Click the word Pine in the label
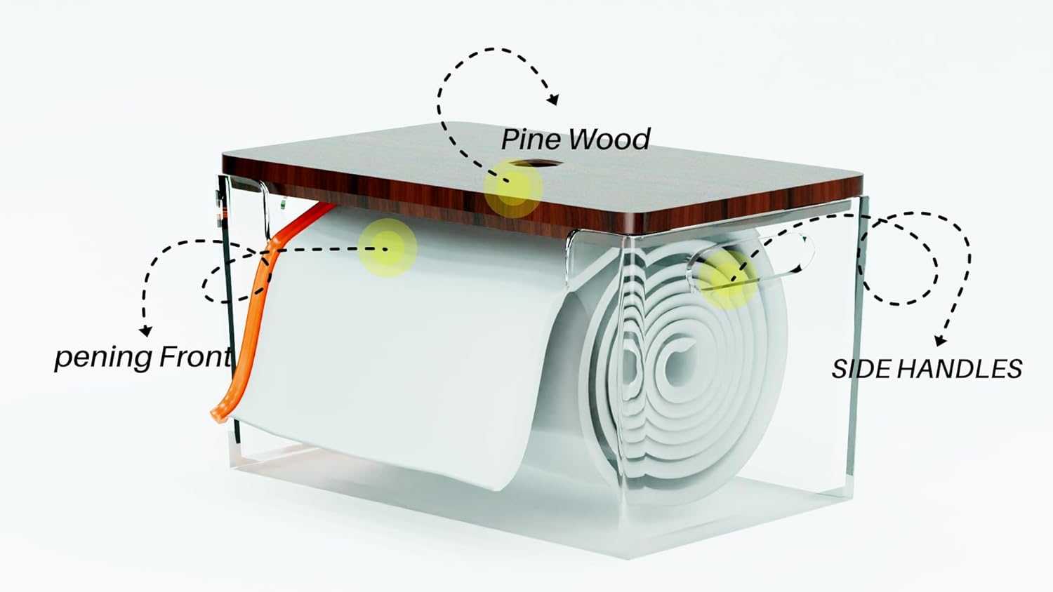[x=529, y=140]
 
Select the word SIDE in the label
[x=858, y=369]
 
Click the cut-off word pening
[x=104, y=358]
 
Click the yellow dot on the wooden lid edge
[x=513, y=189]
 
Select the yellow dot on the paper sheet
[x=387, y=247]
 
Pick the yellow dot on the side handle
[x=729, y=278]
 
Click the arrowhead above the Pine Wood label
[x=552, y=99]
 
